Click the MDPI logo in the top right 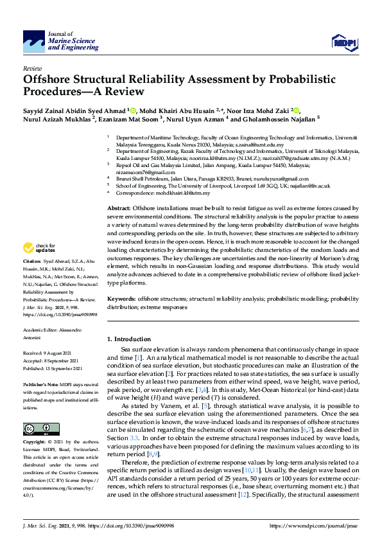344,42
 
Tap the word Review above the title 32,68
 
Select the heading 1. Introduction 128,339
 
